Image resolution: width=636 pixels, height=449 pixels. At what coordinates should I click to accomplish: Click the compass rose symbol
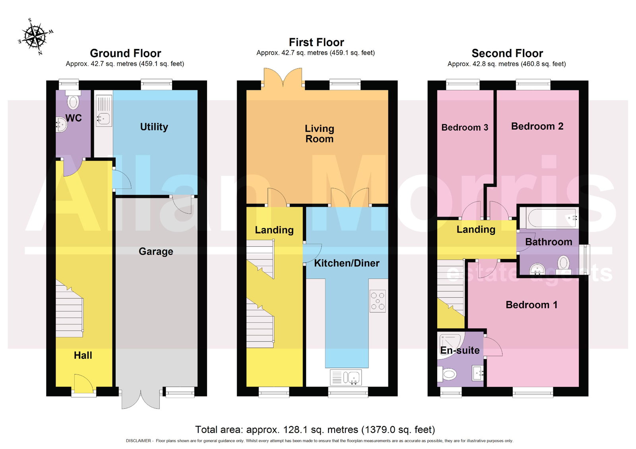(x=36, y=36)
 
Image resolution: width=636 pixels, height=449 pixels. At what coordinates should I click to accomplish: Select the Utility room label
(x=154, y=127)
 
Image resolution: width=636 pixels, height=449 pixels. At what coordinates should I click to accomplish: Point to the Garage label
(x=156, y=252)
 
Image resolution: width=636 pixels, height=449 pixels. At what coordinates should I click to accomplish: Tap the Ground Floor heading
(x=126, y=53)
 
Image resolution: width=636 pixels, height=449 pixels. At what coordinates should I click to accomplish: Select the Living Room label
(x=320, y=134)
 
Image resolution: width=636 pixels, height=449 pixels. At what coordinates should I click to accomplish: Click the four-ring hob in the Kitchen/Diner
(x=378, y=301)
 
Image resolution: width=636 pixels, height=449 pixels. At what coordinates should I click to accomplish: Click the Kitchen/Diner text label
(x=347, y=263)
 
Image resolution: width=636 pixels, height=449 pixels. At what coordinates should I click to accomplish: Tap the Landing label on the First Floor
(x=274, y=230)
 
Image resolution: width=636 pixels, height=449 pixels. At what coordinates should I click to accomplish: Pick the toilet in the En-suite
(x=447, y=374)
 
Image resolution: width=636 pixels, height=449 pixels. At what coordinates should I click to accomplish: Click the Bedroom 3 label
(x=465, y=127)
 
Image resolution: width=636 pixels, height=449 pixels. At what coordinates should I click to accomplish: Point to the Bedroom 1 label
(x=531, y=305)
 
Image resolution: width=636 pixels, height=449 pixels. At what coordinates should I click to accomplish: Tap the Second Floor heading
(x=507, y=53)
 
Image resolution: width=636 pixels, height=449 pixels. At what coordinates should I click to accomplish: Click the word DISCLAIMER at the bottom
(x=138, y=441)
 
